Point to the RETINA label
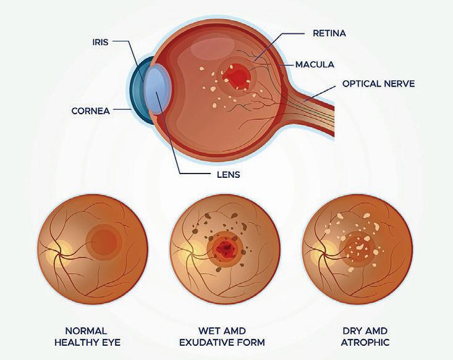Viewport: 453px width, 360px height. click(330, 34)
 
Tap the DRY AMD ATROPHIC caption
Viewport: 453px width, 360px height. click(357, 337)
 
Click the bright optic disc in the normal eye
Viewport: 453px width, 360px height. click(54, 253)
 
